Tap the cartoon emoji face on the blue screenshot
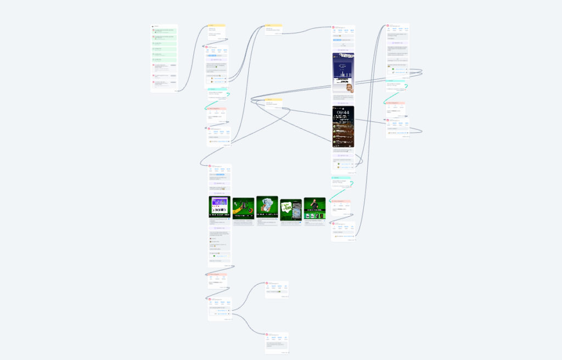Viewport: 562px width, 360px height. click(x=350, y=88)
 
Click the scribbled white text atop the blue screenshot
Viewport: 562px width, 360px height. click(x=344, y=55)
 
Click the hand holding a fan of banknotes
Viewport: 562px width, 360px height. click(x=267, y=206)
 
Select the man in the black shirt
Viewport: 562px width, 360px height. click(x=314, y=208)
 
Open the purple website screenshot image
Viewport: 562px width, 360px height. click(x=220, y=207)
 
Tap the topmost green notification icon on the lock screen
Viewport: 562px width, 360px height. click(x=334, y=125)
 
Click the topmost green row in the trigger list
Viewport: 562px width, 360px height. click(x=165, y=31)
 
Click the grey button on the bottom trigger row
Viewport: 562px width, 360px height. click(x=173, y=83)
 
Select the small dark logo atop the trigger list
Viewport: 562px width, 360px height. click(x=153, y=26)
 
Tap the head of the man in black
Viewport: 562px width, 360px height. click(x=314, y=201)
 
